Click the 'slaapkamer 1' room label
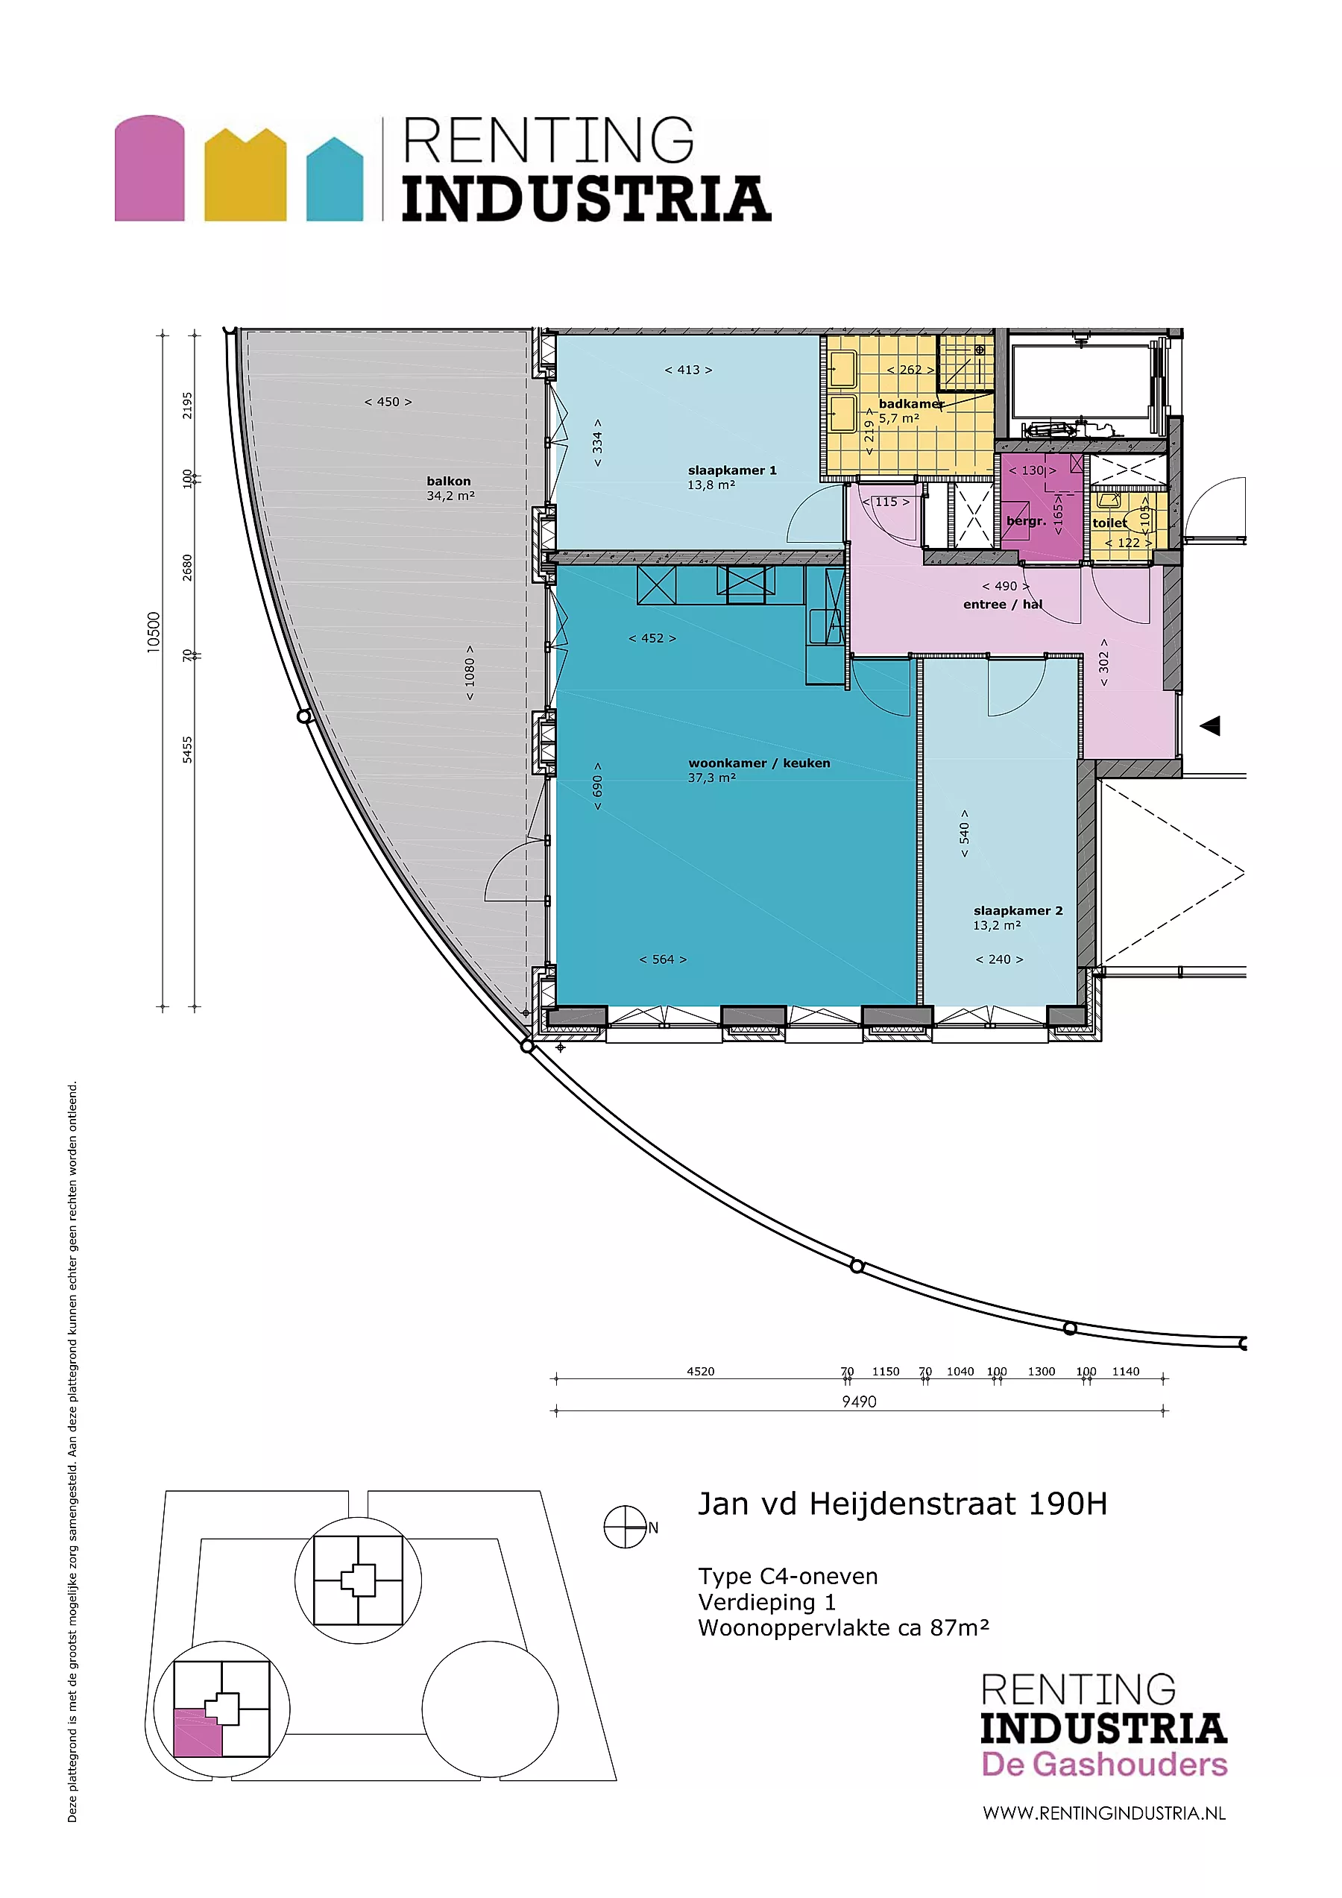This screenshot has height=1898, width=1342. [732, 470]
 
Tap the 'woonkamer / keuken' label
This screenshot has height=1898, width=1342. [759, 763]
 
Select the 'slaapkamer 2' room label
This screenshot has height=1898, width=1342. [1018, 911]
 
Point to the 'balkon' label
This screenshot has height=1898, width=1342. [449, 481]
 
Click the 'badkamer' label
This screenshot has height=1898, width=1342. [911, 404]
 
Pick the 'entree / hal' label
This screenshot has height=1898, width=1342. [1002, 605]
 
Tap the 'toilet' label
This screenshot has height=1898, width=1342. [1109, 523]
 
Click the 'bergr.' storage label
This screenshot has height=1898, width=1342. [1026, 522]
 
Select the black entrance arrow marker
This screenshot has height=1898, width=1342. [1211, 726]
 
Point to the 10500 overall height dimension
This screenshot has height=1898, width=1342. [154, 632]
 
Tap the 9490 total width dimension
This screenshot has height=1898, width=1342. [859, 1402]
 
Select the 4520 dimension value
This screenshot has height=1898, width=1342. [700, 1372]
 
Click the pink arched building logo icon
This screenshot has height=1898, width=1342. [150, 168]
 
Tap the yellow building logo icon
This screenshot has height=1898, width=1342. [245, 174]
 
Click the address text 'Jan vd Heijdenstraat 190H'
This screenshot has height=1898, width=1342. [903, 1504]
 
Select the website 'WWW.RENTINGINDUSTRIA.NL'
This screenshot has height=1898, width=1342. [1104, 1813]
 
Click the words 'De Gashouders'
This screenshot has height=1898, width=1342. [1104, 1764]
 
